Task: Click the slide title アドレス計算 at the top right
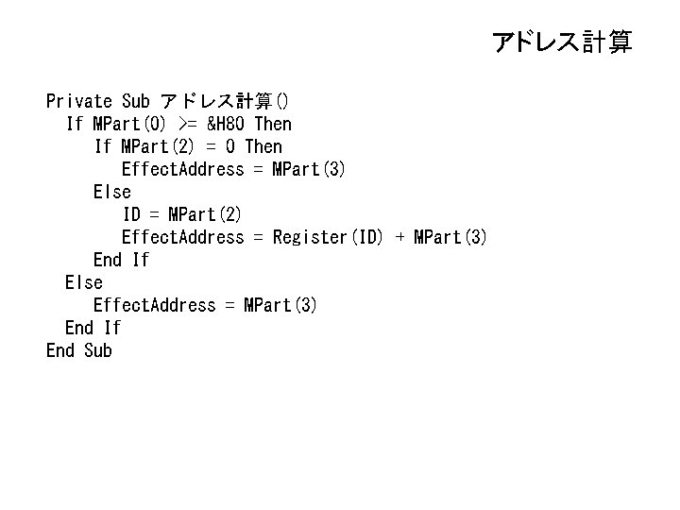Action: [x=562, y=42]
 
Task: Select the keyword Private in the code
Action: [x=79, y=101]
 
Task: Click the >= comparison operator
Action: [x=187, y=124]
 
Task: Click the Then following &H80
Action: [x=273, y=124]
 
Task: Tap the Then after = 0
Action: [x=263, y=146]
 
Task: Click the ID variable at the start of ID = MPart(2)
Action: [x=131, y=214]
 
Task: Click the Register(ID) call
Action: [x=328, y=237]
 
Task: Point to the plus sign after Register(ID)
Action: [x=399, y=237]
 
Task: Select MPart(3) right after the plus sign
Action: [x=450, y=237]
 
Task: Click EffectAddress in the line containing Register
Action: [x=182, y=237]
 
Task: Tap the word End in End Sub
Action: [x=60, y=350]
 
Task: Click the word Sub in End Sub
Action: [x=98, y=350]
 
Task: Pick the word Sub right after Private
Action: [x=136, y=101]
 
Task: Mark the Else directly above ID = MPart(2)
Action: [x=112, y=192]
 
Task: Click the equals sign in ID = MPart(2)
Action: [x=154, y=214]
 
